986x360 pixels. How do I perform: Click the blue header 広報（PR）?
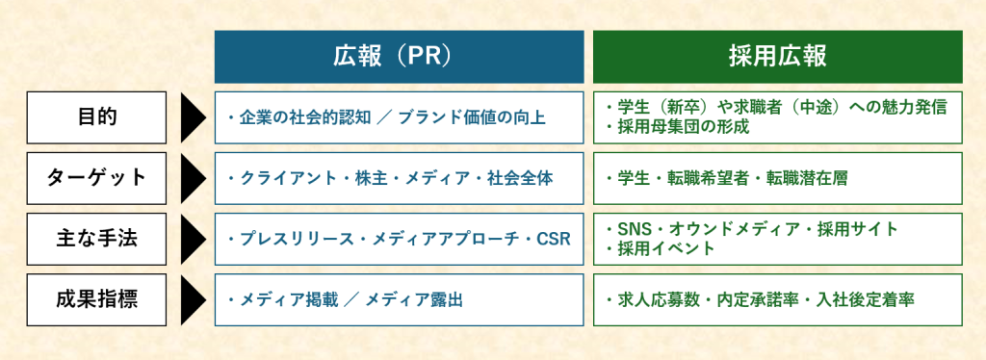399,57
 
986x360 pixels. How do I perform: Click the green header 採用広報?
777,57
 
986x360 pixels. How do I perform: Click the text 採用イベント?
661,248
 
